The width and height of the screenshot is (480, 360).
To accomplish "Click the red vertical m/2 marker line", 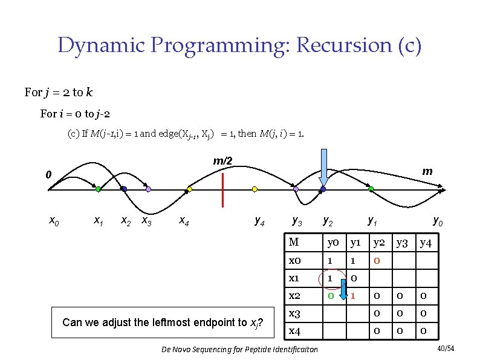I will [223, 189].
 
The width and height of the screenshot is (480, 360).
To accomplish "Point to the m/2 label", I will [222, 161].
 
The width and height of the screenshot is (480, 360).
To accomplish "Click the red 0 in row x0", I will [376, 261].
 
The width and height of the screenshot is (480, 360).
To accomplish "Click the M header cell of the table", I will [294, 243].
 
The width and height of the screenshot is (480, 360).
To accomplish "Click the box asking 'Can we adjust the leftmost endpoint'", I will [167, 322].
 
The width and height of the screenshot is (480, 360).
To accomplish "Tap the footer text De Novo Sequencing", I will [239, 350].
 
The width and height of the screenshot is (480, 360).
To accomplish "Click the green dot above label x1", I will [98, 189].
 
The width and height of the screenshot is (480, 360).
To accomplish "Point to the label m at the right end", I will [427, 171].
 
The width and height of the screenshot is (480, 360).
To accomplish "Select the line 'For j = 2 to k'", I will [59, 93].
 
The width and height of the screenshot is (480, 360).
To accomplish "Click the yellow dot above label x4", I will [189, 189].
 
